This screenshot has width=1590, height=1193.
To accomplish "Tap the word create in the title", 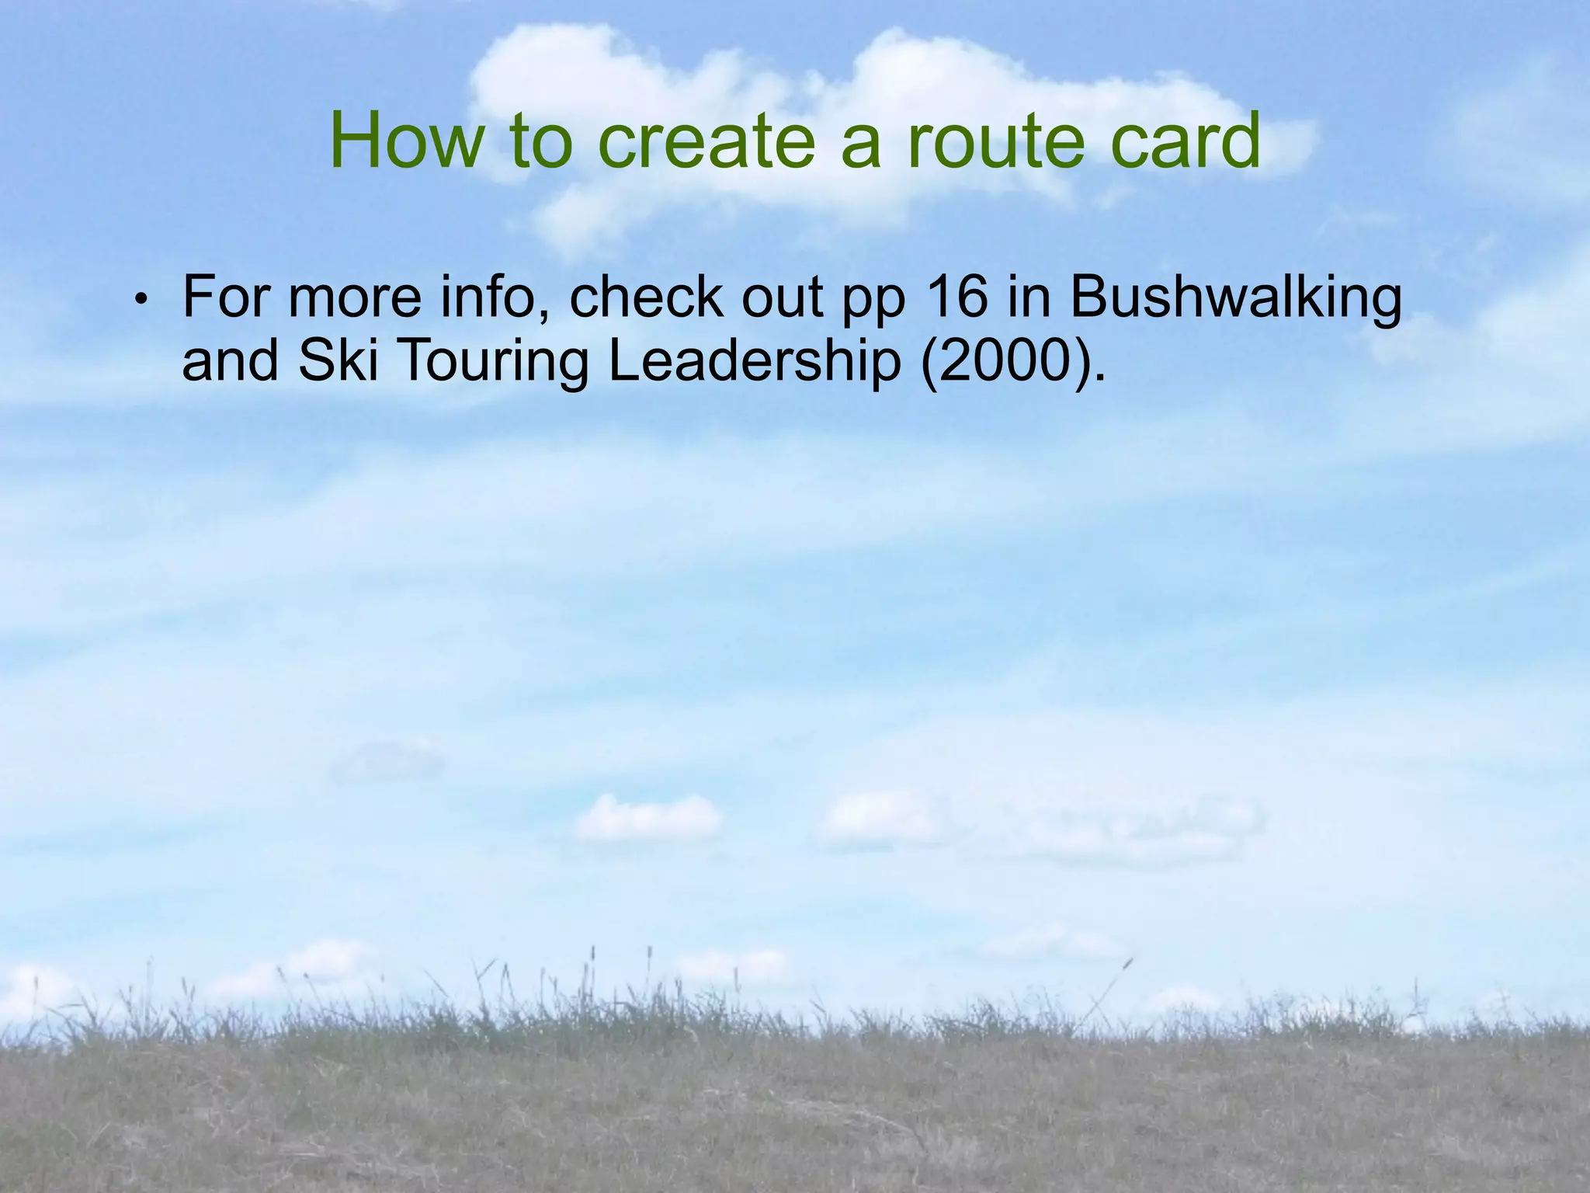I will [x=706, y=142].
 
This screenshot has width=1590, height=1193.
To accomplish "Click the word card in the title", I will [x=1185, y=141].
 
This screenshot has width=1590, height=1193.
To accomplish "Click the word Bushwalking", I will [x=1236, y=299].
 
